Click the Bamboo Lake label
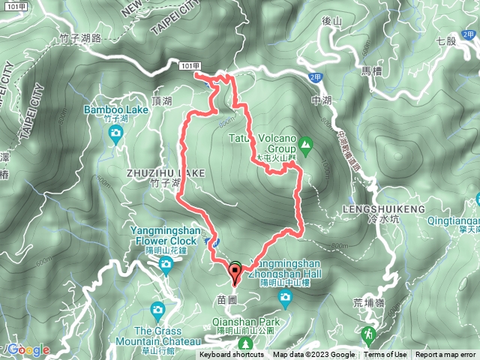pos(115,109)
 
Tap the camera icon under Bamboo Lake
pos(115,133)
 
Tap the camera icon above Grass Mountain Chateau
pos(157,309)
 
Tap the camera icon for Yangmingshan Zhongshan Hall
pos(285,298)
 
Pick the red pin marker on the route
pos(235,273)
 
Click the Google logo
pos(28,350)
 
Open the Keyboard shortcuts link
pos(233,355)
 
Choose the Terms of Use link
pos(386,355)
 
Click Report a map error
pos(445,355)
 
